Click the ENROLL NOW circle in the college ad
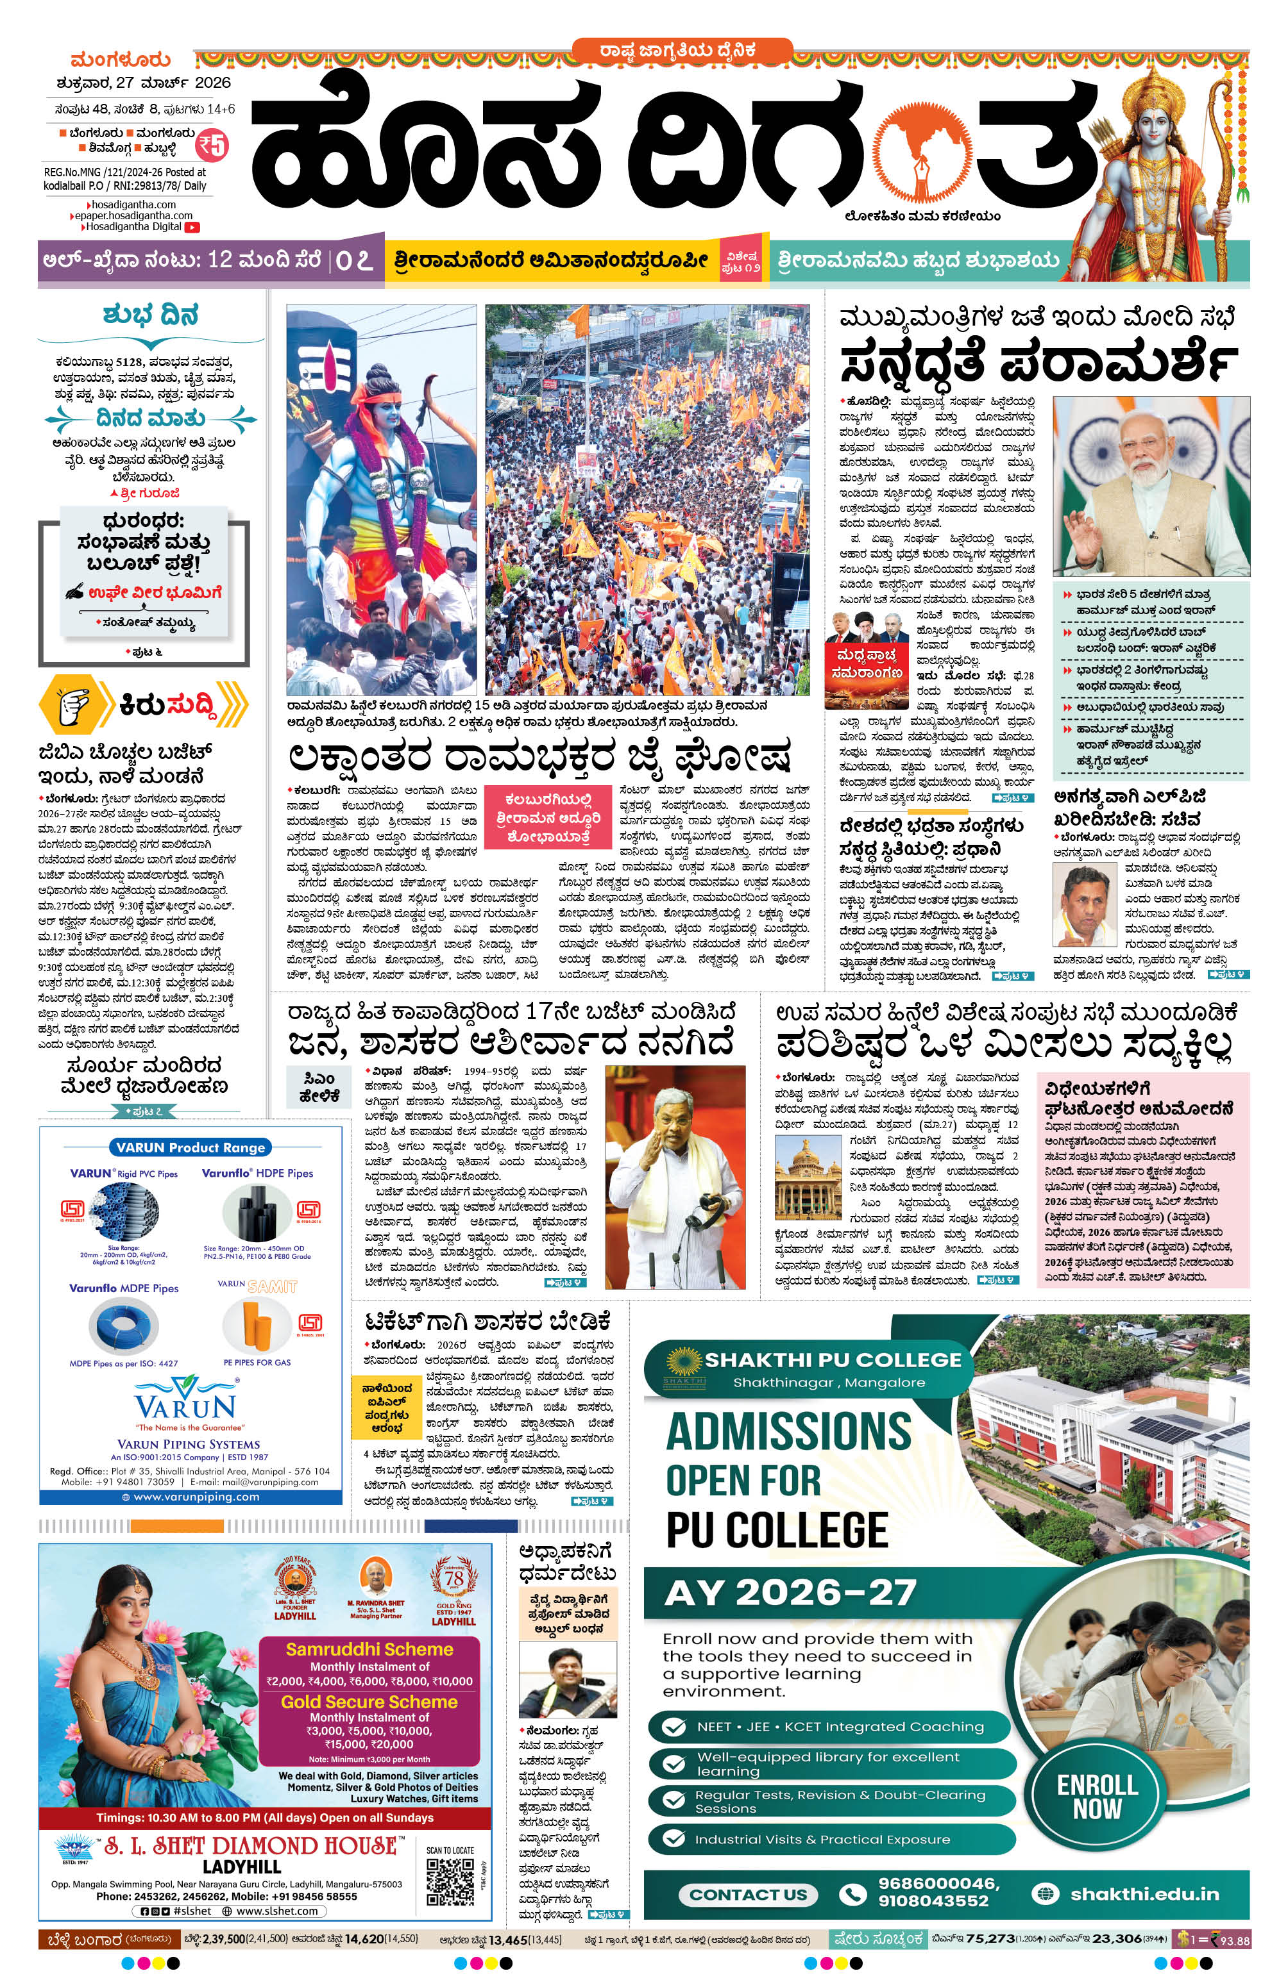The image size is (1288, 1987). (x=1097, y=1797)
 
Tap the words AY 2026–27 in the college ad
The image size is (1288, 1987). (x=790, y=1592)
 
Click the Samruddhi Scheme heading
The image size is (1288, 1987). (x=369, y=1649)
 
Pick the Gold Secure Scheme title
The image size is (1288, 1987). (x=369, y=1702)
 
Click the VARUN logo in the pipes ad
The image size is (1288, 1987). (x=185, y=1402)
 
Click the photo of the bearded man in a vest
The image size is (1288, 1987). (x=1150, y=486)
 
